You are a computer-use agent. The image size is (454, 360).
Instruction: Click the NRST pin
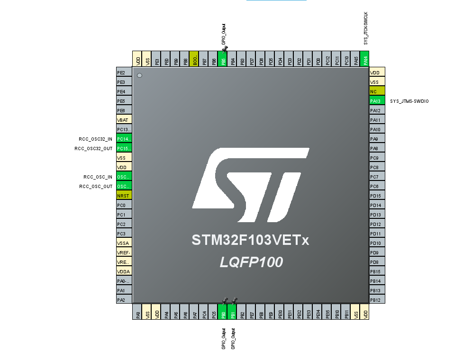pos(124,196)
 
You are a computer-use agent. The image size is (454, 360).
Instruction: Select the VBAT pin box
pos(124,120)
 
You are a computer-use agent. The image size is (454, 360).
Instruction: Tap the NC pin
pos(377,91)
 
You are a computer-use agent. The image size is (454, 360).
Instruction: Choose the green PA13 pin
pos(377,101)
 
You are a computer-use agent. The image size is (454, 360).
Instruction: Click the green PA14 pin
pos(365,59)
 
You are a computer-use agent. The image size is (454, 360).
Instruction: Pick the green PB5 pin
pos(223,59)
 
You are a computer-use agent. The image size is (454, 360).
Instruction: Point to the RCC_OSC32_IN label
pos(96,139)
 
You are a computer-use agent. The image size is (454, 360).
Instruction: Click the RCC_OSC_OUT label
pos(96,186)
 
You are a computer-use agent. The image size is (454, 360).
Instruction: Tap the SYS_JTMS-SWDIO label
pos(409,101)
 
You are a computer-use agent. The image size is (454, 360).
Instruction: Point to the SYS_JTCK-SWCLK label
pos(365,28)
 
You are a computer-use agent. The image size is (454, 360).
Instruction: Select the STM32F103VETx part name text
pos(250,240)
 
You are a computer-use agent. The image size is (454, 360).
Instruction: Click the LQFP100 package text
pos(251,262)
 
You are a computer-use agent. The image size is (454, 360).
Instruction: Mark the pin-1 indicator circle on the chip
pos(139,75)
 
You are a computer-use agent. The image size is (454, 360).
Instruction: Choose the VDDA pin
pos(124,271)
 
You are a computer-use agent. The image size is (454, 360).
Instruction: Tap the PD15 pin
pos(377,196)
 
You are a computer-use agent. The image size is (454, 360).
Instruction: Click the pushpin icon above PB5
pos(225,49)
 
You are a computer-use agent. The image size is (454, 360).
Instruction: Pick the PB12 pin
pos(377,300)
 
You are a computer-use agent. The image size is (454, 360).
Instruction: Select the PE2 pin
pos(124,72)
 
